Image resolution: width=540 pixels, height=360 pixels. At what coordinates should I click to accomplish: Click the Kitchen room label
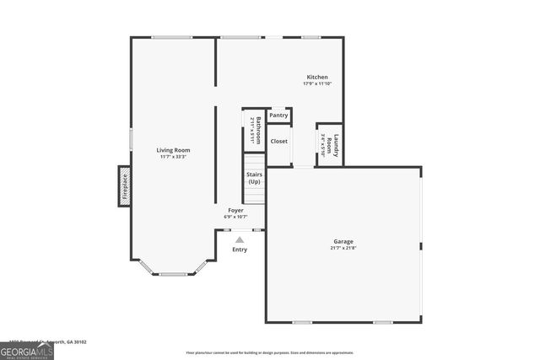(317, 77)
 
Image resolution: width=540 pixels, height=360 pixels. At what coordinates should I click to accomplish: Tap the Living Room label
(172, 150)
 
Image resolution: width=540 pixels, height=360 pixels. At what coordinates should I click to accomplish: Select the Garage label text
(343, 241)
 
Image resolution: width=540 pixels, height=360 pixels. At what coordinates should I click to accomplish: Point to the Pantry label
(279, 115)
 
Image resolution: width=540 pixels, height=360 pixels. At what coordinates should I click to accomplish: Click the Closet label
(279, 141)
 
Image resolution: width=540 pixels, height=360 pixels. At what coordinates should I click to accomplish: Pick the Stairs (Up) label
(254, 178)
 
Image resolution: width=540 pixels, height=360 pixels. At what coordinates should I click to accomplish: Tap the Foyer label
(235, 210)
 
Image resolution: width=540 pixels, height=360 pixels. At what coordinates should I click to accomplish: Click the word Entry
(240, 250)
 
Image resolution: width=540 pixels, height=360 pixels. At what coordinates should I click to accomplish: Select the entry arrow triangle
(240, 239)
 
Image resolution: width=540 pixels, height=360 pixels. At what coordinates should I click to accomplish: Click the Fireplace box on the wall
(124, 186)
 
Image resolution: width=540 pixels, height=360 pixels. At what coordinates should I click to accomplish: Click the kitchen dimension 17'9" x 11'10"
(317, 83)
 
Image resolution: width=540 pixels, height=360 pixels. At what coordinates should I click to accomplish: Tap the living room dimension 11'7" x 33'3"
(172, 157)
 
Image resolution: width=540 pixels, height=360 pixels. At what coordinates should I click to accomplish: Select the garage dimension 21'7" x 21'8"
(343, 248)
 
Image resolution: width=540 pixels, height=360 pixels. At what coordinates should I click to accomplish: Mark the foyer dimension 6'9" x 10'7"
(235, 217)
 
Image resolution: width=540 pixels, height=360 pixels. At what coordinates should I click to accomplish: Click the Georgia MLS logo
(27, 350)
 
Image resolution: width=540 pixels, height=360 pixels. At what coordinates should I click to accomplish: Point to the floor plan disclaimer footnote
(270, 352)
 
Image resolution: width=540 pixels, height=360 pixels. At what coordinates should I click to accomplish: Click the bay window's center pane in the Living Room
(173, 274)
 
